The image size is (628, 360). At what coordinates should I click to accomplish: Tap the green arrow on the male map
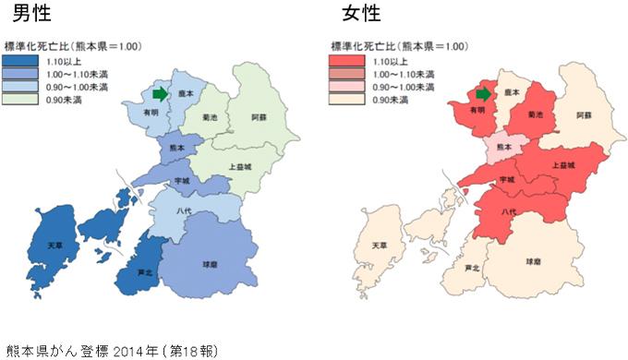[x=161, y=93]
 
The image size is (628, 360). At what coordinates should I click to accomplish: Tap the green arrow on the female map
[x=483, y=93]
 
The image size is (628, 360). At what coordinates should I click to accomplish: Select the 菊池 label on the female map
[x=535, y=115]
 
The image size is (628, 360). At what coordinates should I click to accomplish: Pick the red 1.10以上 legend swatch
[x=344, y=59]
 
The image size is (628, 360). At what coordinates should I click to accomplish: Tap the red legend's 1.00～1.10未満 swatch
[x=344, y=72]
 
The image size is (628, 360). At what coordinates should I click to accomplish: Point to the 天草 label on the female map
[x=379, y=246]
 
